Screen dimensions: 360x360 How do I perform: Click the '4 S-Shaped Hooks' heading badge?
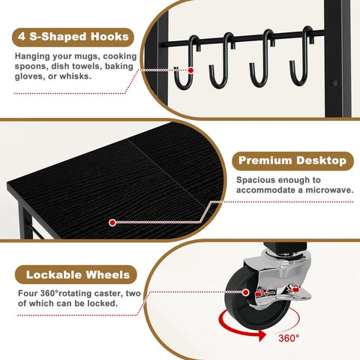(x=73, y=37)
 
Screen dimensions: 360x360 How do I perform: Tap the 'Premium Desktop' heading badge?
(x=292, y=161)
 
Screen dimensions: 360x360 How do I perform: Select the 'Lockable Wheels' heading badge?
(x=76, y=274)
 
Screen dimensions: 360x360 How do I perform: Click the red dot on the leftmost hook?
(x=190, y=70)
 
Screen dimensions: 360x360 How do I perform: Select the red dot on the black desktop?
(x=112, y=223)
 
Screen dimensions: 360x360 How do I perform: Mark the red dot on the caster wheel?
(x=246, y=292)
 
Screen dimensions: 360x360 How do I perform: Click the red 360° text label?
(x=289, y=338)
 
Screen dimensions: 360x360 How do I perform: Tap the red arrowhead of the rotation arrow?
(x=262, y=335)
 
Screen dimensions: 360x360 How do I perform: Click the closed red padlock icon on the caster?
(x=296, y=288)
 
